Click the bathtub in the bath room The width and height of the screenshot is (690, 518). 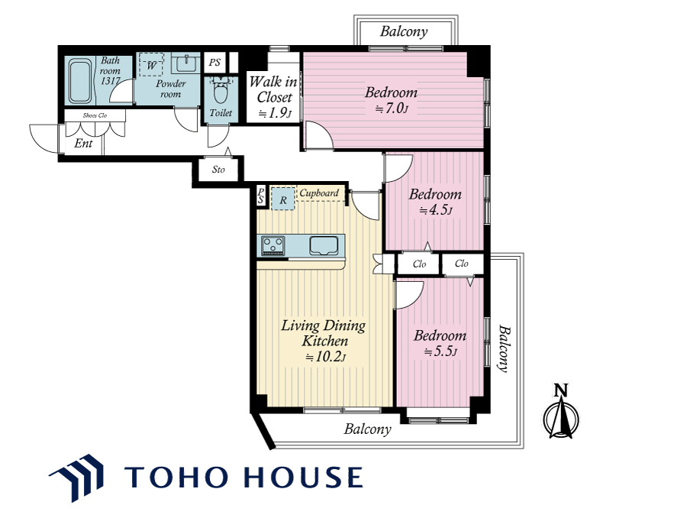tap(80, 82)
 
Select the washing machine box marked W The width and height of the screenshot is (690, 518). tap(151, 65)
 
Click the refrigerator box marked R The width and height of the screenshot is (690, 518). tap(283, 199)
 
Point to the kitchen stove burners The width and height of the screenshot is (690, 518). tap(272, 245)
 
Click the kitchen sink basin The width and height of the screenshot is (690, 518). tap(324, 245)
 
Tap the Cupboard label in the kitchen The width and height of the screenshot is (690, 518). tap(319, 193)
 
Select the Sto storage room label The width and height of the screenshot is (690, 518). tap(218, 169)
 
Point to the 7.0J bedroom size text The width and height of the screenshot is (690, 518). tap(392, 108)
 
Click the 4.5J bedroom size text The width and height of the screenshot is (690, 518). tap(435, 209)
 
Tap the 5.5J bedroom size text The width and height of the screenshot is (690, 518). tap(440, 351)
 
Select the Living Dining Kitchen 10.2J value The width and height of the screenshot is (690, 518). tap(325, 356)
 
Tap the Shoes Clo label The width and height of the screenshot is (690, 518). tap(95, 115)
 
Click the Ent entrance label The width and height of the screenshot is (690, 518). tap(83, 143)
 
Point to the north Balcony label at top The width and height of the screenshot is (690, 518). tap(404, 31)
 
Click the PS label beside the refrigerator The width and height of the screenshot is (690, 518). tap(261, 195)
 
